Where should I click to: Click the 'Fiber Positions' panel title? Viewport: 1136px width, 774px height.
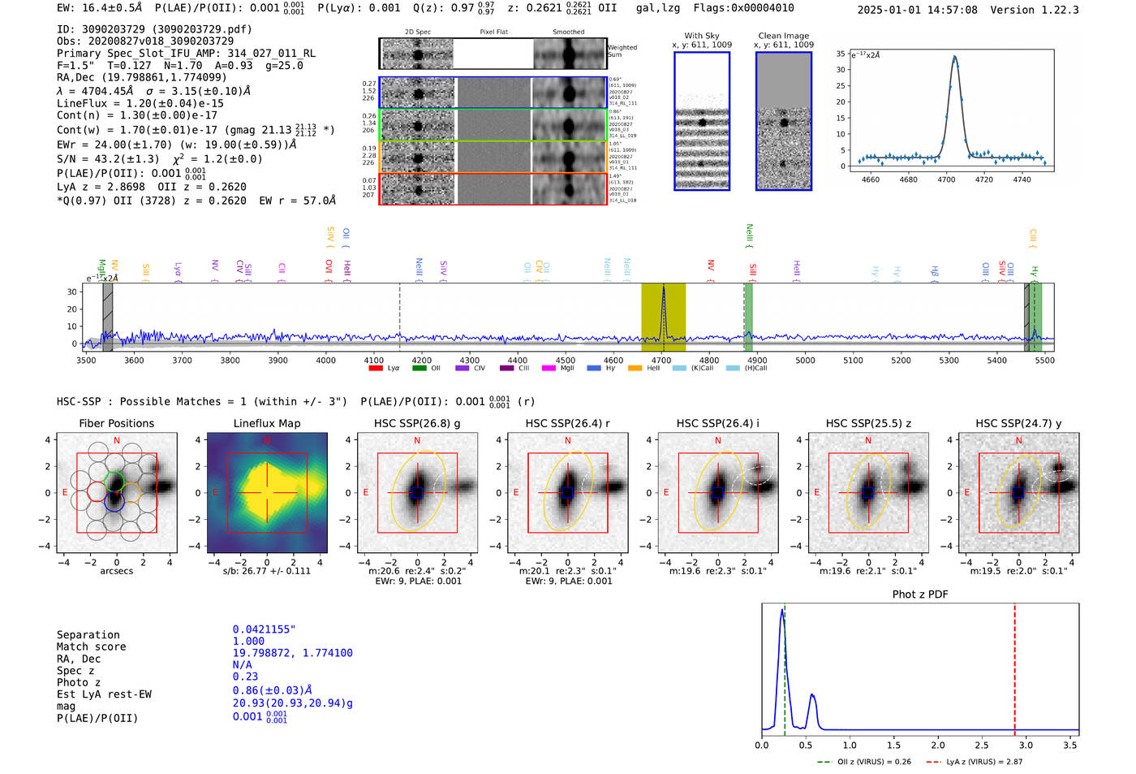pyautogui.click(x=116, y=423)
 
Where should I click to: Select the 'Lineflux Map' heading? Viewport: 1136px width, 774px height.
pyautogui.click(x=266, y=423)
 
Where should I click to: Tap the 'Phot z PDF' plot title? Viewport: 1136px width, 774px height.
pyautogui.click(x=919, y=595)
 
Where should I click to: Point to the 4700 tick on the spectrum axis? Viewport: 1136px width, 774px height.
pyautogui.click(x=661, y=361)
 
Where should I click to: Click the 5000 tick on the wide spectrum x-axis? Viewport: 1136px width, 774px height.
pyautogui.click(x=805, y=361)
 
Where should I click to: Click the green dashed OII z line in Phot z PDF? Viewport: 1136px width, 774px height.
pyautogui.click(x=785, y=674)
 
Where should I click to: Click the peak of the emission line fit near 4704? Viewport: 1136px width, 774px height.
pyautogui.click(x=954, y=57)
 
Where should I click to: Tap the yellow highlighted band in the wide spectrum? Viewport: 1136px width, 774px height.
pyautogui.click(x=663, y=317)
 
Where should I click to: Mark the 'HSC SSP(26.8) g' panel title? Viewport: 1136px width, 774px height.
pyautogui.click(x=417, y=423)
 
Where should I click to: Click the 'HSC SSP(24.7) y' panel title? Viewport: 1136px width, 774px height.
pyautogui.click(x=1018, y=423)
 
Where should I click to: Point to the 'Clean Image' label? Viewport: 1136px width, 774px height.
pyautogui.click(x=783, y=36)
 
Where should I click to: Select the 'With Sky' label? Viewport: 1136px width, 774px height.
pyautogui.click(x=701, y=36)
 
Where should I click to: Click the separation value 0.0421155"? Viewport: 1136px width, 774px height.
pyautogui.click(x=265, y=629)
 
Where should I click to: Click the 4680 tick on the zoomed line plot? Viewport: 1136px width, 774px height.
pyautogui.click(x=908, y=179)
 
